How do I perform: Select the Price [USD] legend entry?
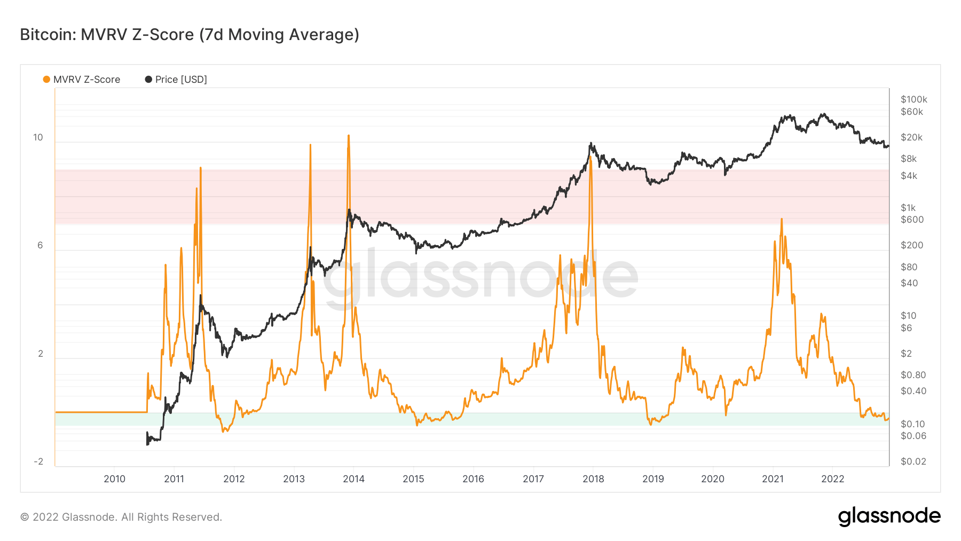(x=176, y=80)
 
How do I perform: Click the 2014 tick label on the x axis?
(x=353, y=479)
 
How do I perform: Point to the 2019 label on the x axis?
(x=653, y=479)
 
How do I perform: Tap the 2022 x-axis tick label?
(x=832, y=479)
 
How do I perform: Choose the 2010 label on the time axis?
(x=114, y=479)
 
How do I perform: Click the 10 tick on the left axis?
(x=38, y=138)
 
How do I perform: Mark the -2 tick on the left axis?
(x=38, y=462)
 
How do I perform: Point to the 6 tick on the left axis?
(x=40, y=246)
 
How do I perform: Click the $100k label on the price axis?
(x=913, y=99)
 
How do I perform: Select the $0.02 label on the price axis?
(x=913, y=462)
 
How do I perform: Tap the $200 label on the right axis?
(x=911, y=246)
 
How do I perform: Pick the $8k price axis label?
(x=908, y=159)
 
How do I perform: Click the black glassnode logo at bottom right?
(x=889, y=516)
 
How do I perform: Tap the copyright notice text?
(x=121, y=517)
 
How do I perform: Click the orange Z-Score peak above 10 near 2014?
(x=349, y=136)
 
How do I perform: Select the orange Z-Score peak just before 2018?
(x=590, y=158)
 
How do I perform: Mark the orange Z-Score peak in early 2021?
(x=782, y=219)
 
